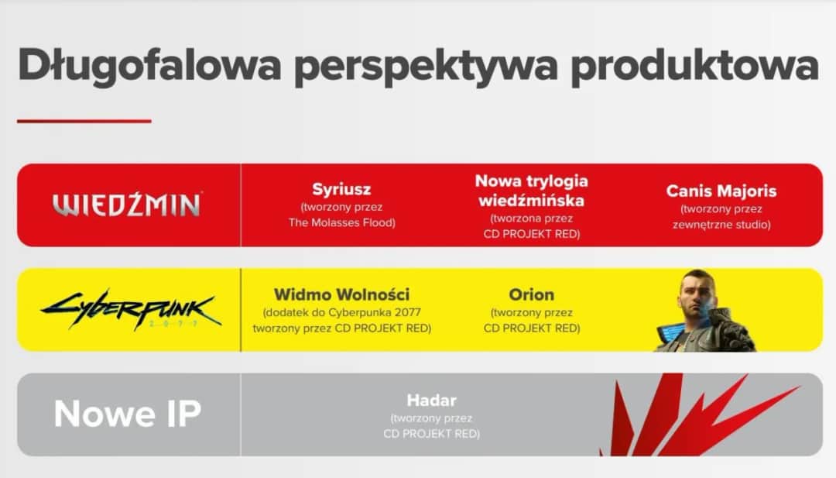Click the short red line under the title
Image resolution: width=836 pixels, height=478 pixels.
tap(84, 121)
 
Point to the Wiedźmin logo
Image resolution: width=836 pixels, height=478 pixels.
tap(127, 205)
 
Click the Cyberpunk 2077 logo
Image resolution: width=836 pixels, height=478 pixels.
tap(130, 310)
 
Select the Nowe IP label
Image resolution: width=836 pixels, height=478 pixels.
tap(127, 414)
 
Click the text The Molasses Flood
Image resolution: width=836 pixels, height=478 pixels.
tap(341, 223)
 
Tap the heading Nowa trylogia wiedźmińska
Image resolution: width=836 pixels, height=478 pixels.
tap(531, 191)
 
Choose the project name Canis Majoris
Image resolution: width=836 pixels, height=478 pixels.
tap(721, 191)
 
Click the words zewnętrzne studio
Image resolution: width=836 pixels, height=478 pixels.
tap(721, 225)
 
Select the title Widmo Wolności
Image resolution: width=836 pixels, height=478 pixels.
tap(341, 295)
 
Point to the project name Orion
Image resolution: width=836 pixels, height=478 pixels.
tap(531, 295)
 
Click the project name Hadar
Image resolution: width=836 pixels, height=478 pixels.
tap(431, 401)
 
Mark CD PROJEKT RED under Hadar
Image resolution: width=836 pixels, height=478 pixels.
tap(431, 434)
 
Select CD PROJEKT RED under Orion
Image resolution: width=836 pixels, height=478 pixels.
tap(531, 328)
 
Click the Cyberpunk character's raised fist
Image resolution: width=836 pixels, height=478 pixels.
tap(728, 325)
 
